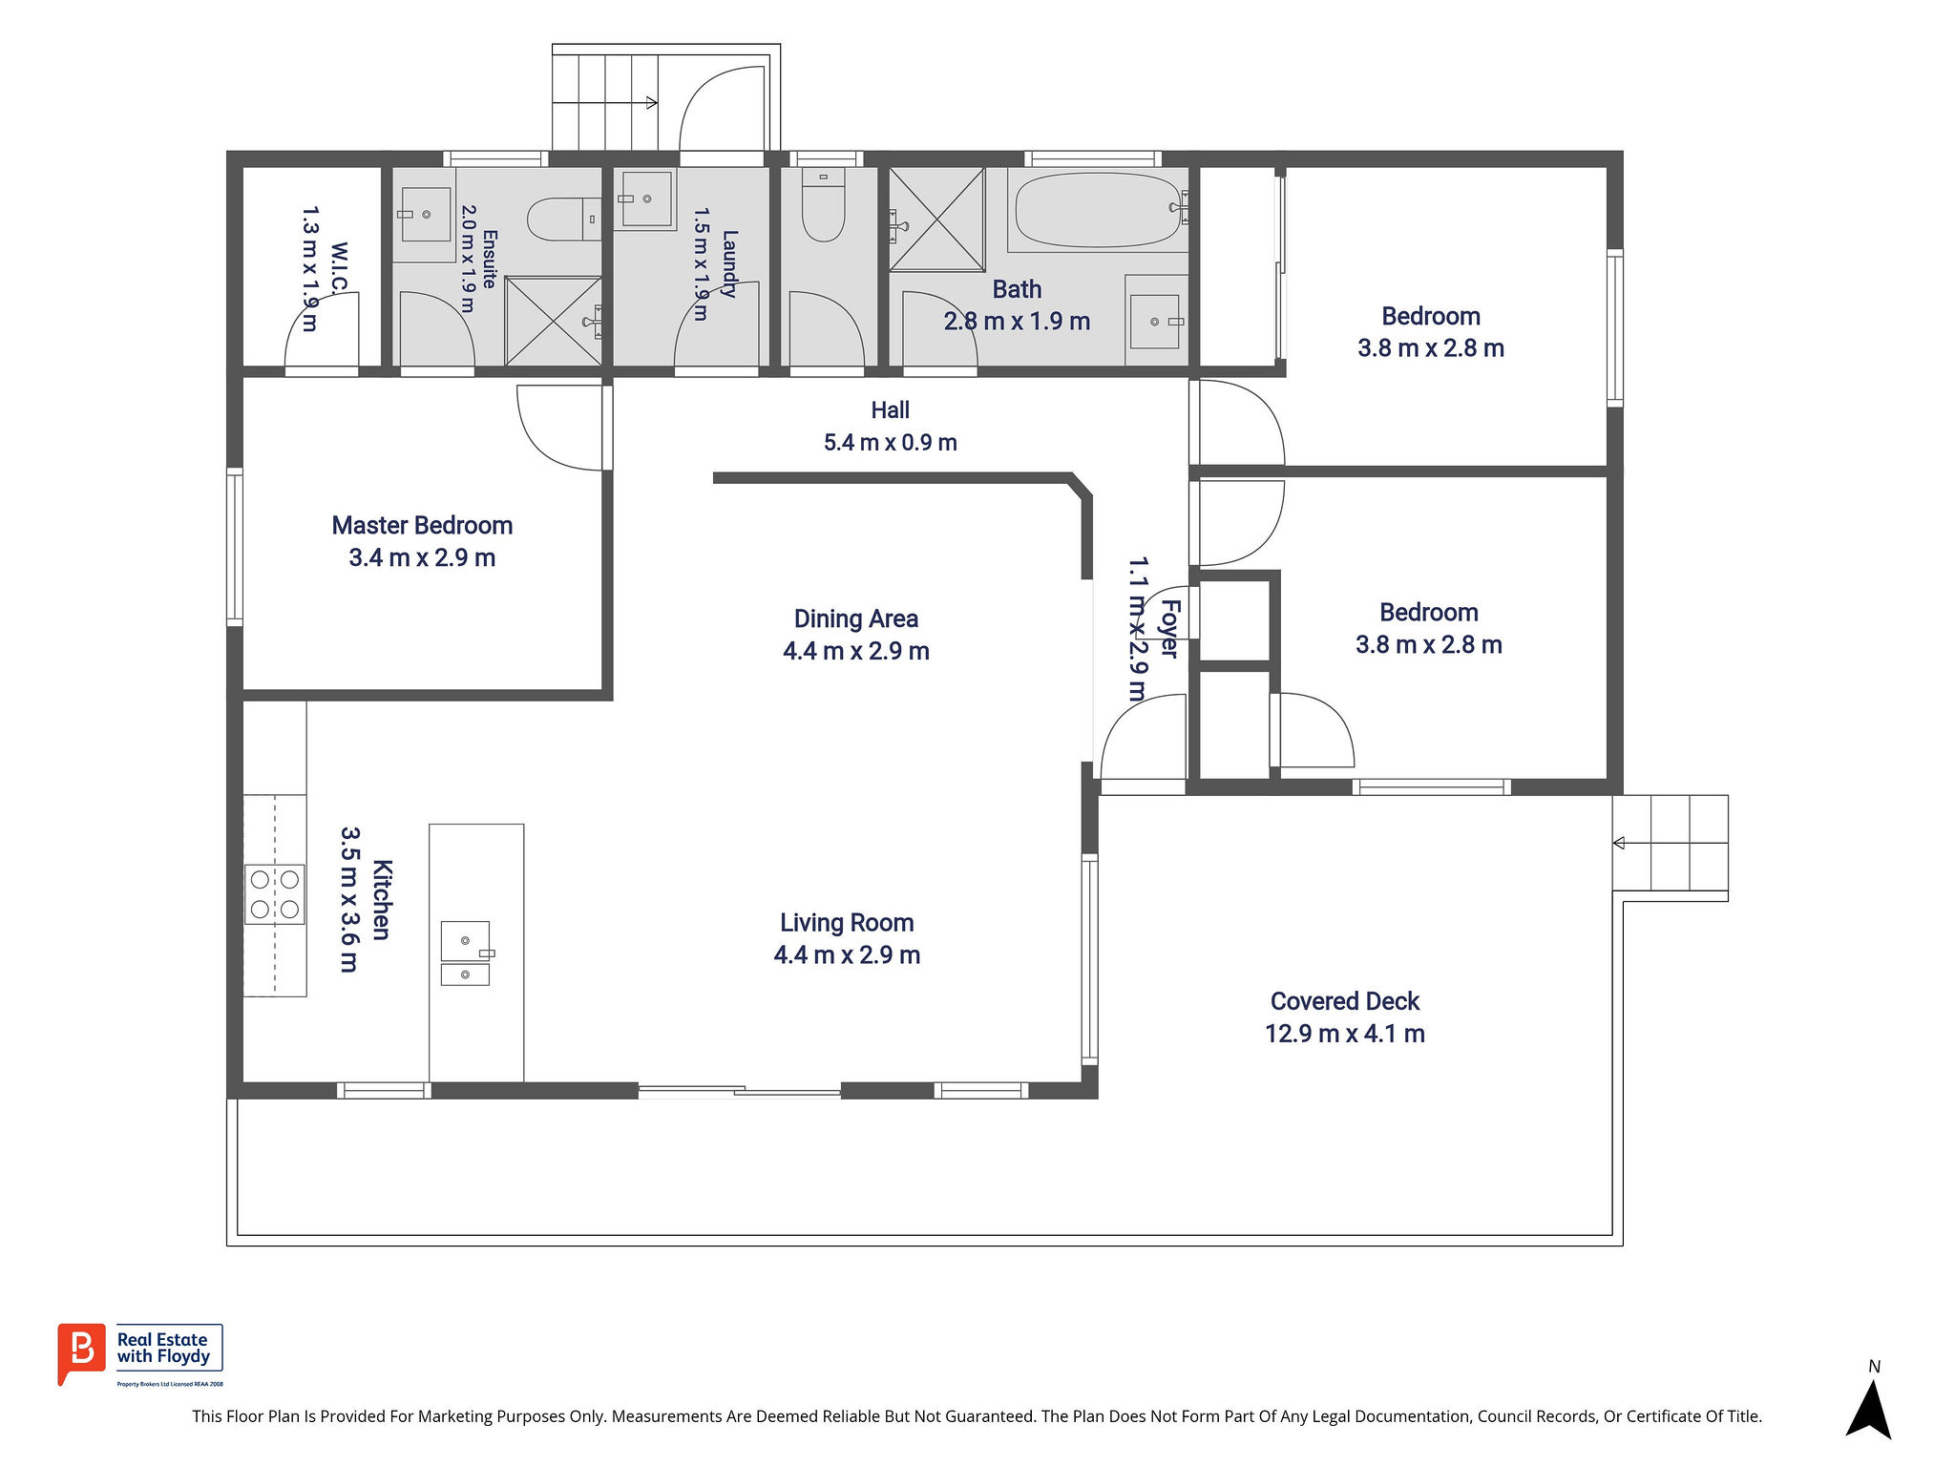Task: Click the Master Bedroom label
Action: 422,526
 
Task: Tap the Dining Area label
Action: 856,619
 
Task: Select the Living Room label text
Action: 847,923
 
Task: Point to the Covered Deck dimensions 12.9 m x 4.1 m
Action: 1345,1034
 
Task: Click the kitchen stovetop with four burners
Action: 275,894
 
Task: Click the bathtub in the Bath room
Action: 1098,210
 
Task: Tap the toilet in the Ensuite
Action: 563,220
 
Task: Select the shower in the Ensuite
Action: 554,321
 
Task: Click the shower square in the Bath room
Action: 937,220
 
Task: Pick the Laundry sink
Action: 647,199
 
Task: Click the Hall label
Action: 890,410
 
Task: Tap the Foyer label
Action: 1169,629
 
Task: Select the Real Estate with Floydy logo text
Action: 162,1348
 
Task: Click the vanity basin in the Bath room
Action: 1155,322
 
